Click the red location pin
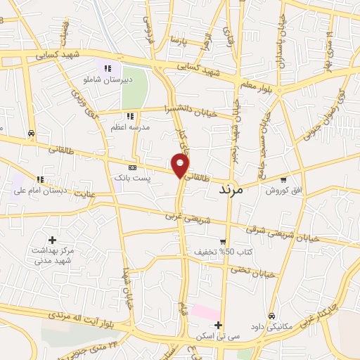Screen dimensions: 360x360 pos(181,165)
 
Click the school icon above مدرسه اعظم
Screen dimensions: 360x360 pos(129,116)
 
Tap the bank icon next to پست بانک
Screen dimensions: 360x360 pos(131,168)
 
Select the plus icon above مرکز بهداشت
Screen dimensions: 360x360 pos(53,240)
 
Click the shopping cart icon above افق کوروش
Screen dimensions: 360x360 pos(283,179)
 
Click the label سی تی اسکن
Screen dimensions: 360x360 pos(219,336)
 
